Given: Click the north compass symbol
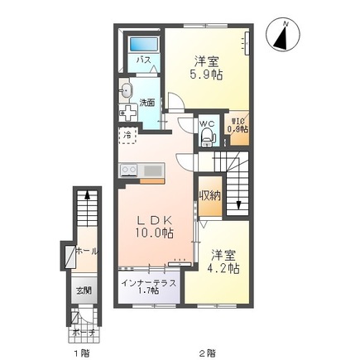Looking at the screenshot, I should coord(284,36).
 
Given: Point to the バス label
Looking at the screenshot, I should coord(142,60).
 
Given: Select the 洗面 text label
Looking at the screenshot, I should coord(146,103).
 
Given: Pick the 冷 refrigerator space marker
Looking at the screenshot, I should coord(128,133).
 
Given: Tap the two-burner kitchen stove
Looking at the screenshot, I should coord(129,170).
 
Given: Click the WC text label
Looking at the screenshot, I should coord(207,124).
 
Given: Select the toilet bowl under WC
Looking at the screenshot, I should coord(206,138).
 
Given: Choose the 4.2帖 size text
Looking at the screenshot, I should coord(223,268).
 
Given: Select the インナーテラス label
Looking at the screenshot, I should coord(148,284).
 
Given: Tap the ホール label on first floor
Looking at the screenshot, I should coord(86,251).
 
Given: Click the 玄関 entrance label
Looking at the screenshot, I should coord(85,290).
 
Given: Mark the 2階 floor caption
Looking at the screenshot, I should coord(207,352).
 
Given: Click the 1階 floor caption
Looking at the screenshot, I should coord(80,352).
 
